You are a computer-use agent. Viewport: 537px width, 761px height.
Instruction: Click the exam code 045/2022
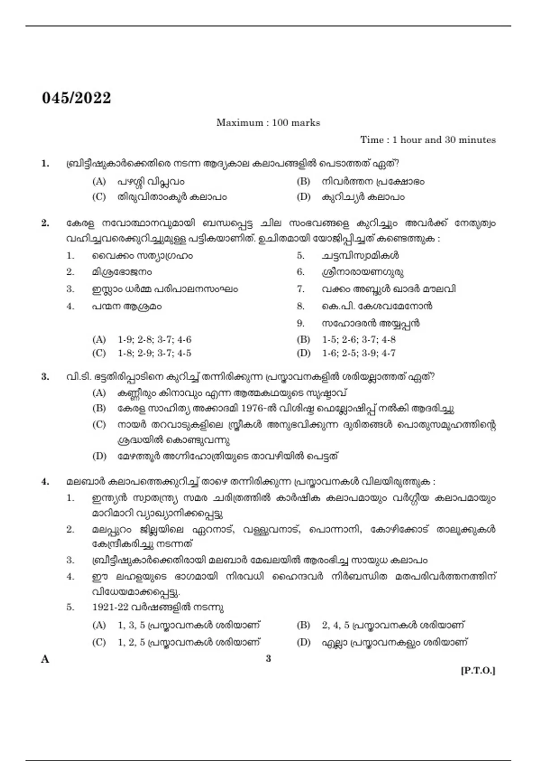[77, 98]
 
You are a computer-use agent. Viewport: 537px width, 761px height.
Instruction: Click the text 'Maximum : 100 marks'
[268, 123]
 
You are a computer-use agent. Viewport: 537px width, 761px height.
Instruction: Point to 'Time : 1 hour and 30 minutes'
[428, 140]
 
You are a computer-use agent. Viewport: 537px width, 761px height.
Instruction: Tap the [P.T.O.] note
[478, 671]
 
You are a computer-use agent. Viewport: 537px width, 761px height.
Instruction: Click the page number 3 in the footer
[268, 658]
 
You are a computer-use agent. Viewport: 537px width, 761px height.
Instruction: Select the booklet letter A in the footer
[45, 659]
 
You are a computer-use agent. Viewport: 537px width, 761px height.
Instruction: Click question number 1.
[45, 163]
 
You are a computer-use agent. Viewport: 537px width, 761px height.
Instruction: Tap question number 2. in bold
[45, 223]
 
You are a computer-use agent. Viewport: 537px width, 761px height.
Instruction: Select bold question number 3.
[45, 376]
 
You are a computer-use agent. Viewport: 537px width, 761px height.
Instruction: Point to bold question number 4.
[45, 482]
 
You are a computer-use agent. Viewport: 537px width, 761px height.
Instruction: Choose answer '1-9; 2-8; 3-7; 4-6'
[154, 339]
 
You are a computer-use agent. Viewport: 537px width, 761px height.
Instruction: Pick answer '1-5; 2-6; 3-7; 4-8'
[359, 339]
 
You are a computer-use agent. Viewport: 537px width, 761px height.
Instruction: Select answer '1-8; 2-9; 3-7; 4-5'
[154, 353]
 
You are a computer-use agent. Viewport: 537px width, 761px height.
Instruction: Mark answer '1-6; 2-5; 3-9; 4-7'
[359, 353]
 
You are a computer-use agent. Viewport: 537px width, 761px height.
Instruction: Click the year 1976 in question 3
[252, 408]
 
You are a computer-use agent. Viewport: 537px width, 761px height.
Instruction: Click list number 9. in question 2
[301, 323]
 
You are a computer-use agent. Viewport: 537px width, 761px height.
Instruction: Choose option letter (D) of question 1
[303, 197]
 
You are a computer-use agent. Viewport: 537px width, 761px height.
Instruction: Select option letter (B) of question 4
[303, 625]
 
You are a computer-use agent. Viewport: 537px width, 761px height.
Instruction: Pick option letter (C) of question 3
[99, 424]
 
